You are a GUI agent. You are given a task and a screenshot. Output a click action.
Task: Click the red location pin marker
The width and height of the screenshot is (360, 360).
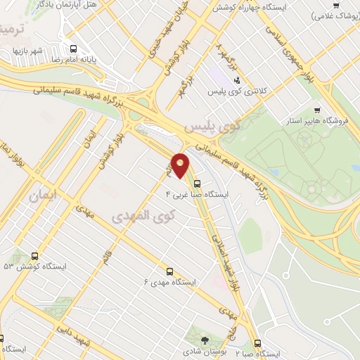click(181, 165)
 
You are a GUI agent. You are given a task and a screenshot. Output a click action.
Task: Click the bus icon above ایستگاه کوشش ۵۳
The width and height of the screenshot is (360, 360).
click(34, 257)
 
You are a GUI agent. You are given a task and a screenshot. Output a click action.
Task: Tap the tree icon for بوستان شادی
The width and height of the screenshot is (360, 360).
click(205, 340)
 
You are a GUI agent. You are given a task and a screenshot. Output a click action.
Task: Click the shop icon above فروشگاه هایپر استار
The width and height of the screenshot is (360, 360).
click(317, 110)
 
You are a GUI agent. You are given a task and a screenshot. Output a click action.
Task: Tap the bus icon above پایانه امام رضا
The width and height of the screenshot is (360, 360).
click(73, 49)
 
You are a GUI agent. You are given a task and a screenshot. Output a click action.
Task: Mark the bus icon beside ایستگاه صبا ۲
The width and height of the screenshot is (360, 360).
click(257, 344)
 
